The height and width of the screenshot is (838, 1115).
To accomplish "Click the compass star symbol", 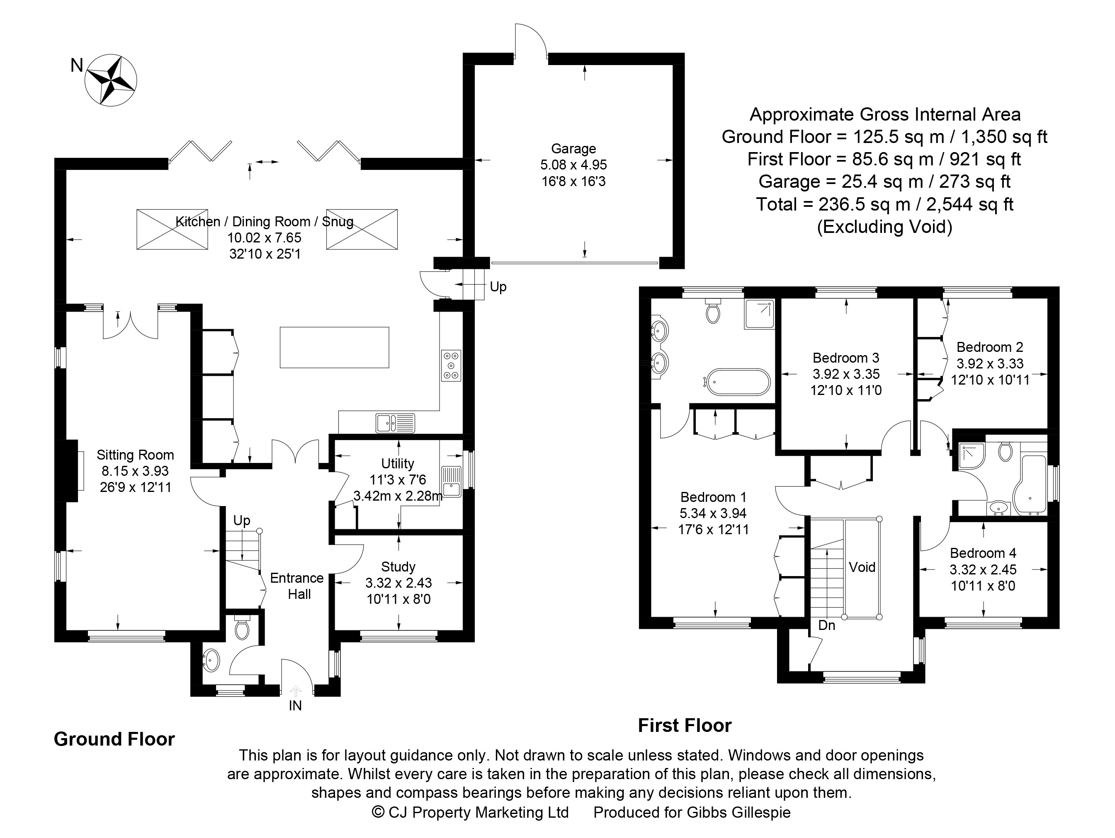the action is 111,80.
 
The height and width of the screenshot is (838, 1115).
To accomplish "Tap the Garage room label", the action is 573,149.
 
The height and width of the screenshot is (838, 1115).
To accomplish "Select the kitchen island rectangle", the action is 334,347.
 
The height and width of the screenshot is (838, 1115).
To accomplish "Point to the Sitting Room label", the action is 135,455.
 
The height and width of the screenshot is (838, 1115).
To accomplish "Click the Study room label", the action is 398,567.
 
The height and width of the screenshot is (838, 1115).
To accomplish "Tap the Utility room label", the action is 398,464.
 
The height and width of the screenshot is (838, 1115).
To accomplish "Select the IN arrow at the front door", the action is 295,691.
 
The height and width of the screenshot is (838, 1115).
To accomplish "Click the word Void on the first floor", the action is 862,567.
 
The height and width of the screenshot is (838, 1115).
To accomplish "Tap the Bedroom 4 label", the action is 983,553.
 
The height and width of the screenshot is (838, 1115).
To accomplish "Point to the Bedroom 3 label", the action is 846,358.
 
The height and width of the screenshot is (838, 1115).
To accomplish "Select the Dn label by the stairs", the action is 827,625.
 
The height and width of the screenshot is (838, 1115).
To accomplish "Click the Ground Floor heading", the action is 114,739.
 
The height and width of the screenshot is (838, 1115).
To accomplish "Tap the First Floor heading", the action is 685,726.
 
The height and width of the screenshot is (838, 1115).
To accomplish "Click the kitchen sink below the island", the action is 395,423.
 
